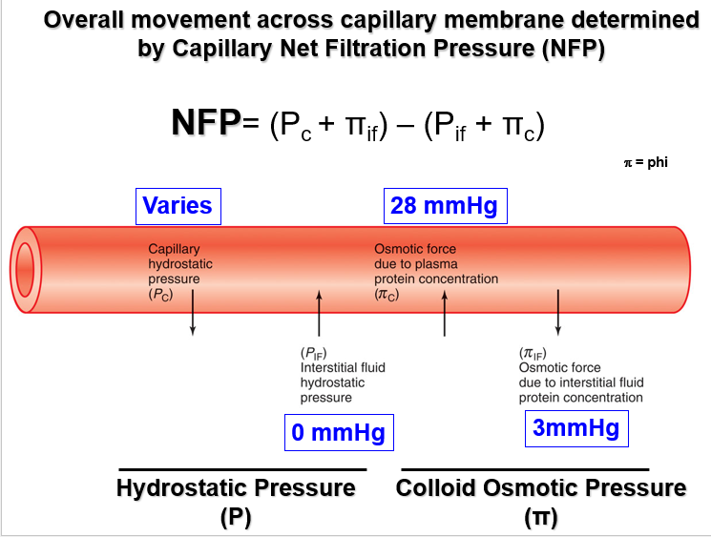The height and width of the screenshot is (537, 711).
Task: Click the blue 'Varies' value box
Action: pyautogui.click(x=178, y=205)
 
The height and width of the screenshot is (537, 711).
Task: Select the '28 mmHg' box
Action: pyautogui.click(x=444, y=205)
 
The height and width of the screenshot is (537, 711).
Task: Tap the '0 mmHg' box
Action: pyautogui.click(x=338, y=433)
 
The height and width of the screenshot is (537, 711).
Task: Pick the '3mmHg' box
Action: pyautogui.click(x=576, y=428)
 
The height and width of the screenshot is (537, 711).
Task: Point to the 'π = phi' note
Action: pyautogui.click(x=645, y=162)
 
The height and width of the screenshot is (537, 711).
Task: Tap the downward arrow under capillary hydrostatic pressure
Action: pyautogui.click(x=194, y=312)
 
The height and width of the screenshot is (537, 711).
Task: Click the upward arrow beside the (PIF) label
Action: pyautogui.click(x=320, y=312)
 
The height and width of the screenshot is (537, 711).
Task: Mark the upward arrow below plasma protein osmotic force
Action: pyautogui.click(x=445, y=312)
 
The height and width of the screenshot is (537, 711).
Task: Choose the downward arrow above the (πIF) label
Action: pyautogui.click(x=558, y=312)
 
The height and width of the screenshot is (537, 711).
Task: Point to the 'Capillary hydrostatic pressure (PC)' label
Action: pyautogui.click(x=180, y=272)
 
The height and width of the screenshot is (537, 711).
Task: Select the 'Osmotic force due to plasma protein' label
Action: pyautogui.click(x=435, y=272)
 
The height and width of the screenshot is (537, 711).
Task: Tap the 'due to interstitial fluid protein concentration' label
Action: pyautogui.click(x=580, y=390)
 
